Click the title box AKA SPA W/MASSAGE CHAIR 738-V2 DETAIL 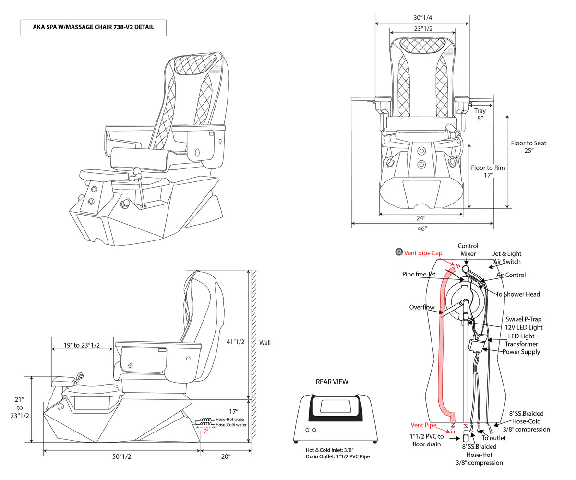[94, 27]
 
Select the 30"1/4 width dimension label [422, 17]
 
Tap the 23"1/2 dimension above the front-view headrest [422, 28]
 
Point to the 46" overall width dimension [422, 229]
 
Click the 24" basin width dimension [421, 218]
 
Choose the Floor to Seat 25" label [528, 146]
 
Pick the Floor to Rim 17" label [488, 171]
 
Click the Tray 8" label [480, 114]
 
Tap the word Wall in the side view [265, 343]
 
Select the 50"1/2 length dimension [122, 457]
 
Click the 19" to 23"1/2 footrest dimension [82, 345]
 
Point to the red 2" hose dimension [205, 431]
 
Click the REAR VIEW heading [332, 382]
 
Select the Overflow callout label [422, 307]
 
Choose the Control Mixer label [468, 250]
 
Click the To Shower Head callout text [518, 294]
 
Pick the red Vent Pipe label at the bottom [424, 425]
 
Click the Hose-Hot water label [231, 419]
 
